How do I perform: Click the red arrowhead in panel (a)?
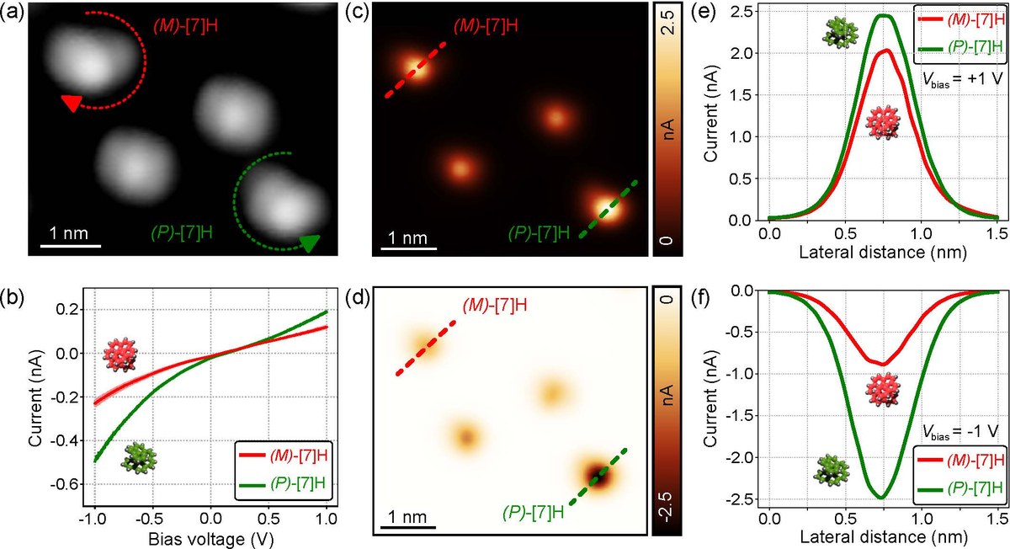click(x=72, y=102)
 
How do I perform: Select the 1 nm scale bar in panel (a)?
click(x=71, y=245)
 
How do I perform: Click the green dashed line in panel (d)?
click(x=598, y=477)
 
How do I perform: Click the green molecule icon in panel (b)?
click(x=138, y=458)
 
